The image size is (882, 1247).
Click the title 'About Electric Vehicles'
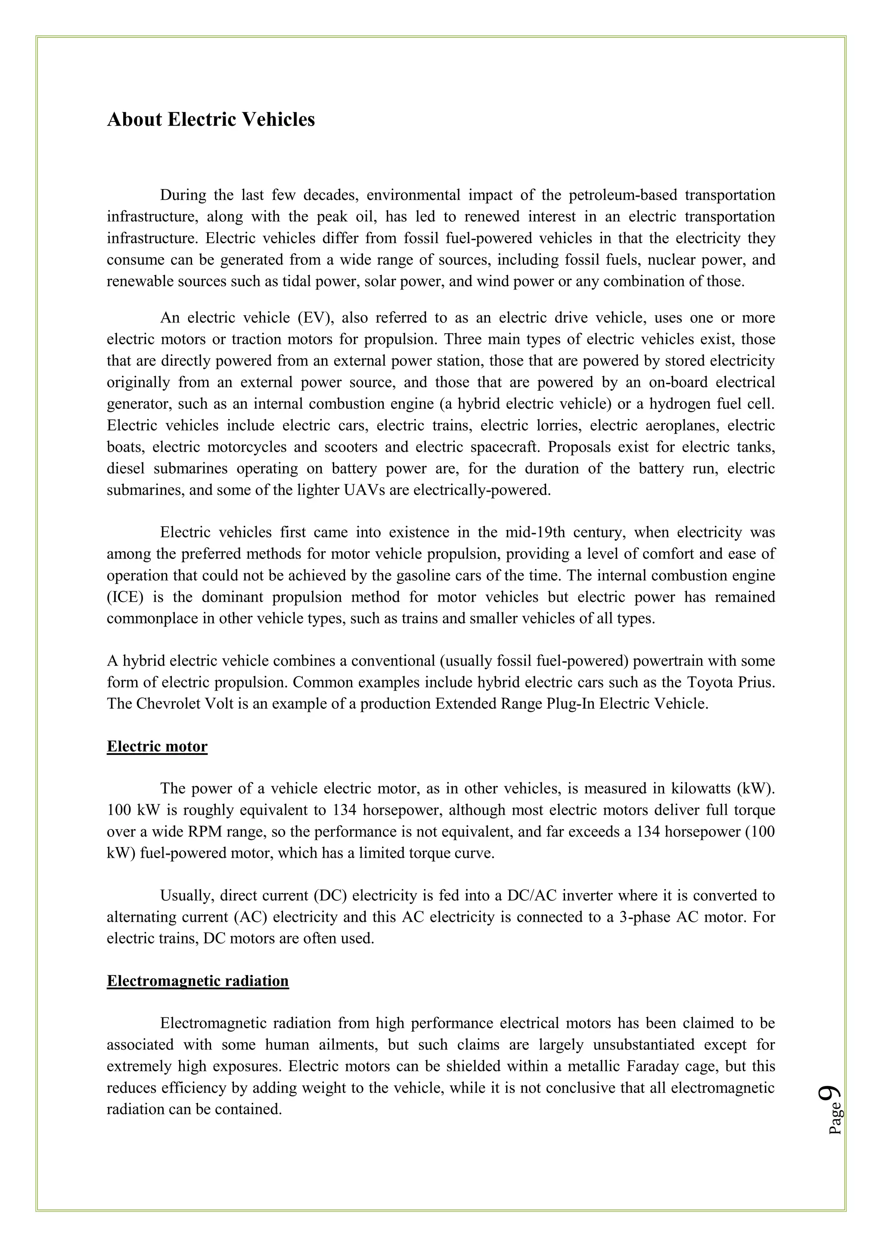tap(211, 119)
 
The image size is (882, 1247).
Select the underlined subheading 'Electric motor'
tap(157, 746)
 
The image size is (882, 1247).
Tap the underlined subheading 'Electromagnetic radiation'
tap(198, 981)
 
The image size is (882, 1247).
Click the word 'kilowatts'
tap(701, 788)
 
